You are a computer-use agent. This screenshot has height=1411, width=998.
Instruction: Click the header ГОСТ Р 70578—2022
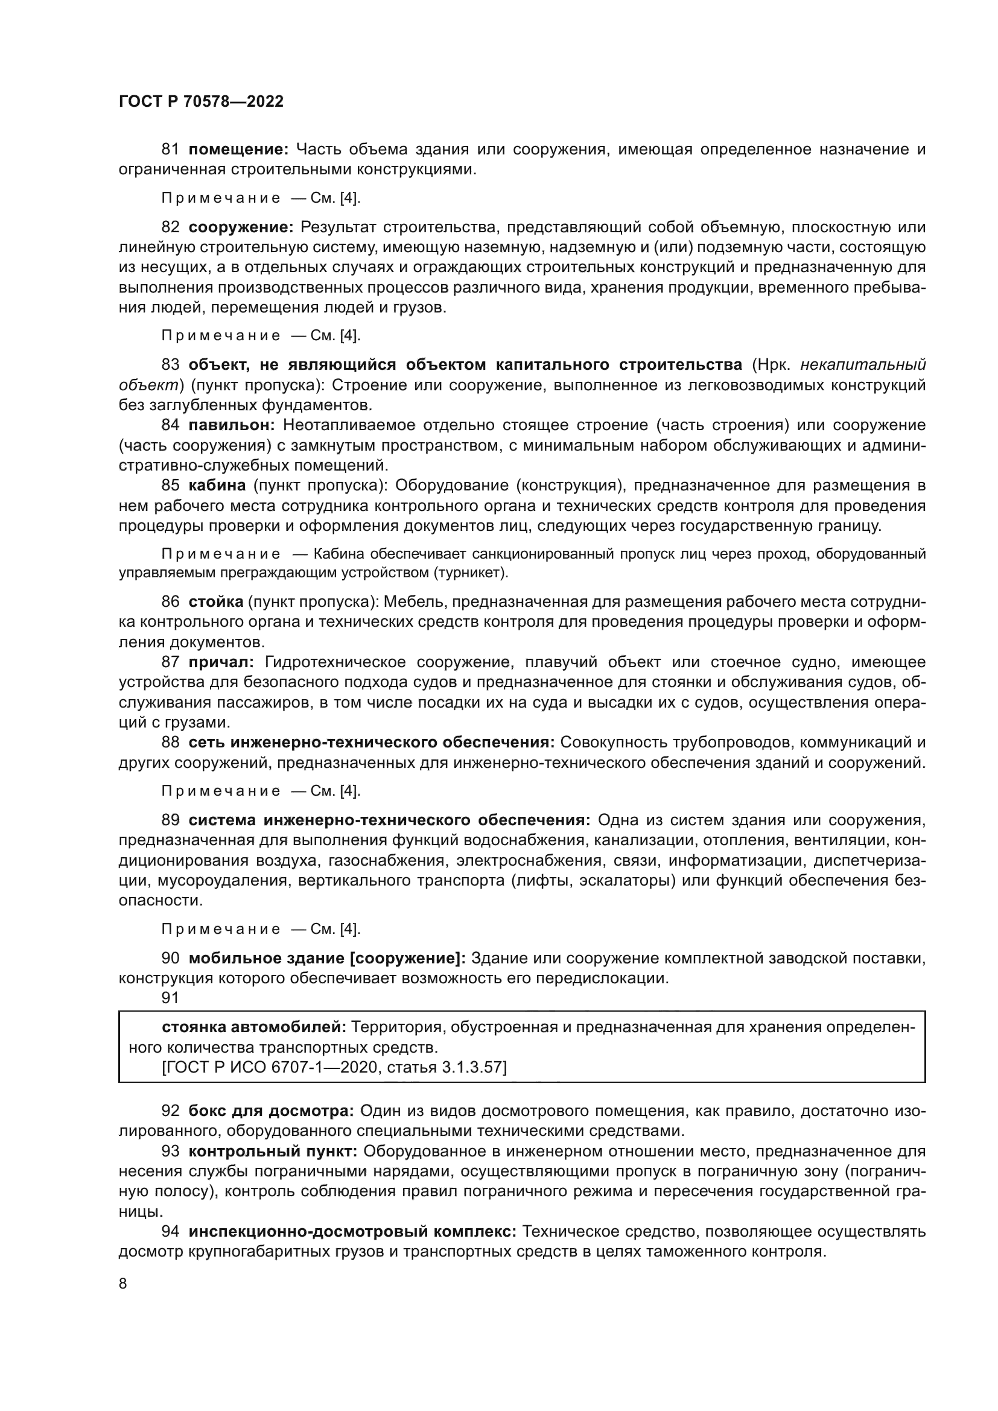click(x=201, y=102)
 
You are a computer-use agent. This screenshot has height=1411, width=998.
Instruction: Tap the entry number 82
click(x=170, y=227)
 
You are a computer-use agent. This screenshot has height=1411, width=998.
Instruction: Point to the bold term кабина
click(x=217, y=486)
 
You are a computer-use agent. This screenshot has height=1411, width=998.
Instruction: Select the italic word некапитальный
click(x=863, y=365)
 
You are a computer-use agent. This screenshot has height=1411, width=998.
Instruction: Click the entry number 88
click(x=170, y=743)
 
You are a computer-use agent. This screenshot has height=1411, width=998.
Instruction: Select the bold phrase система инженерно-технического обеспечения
click(x=389, y=820)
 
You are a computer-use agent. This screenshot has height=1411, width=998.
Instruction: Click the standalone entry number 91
click(x=170, y=998)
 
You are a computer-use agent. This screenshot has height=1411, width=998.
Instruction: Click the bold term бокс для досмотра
click(x=270, y=1111)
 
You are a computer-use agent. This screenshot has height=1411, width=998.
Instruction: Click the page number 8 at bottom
click(x=123, y=1283)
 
